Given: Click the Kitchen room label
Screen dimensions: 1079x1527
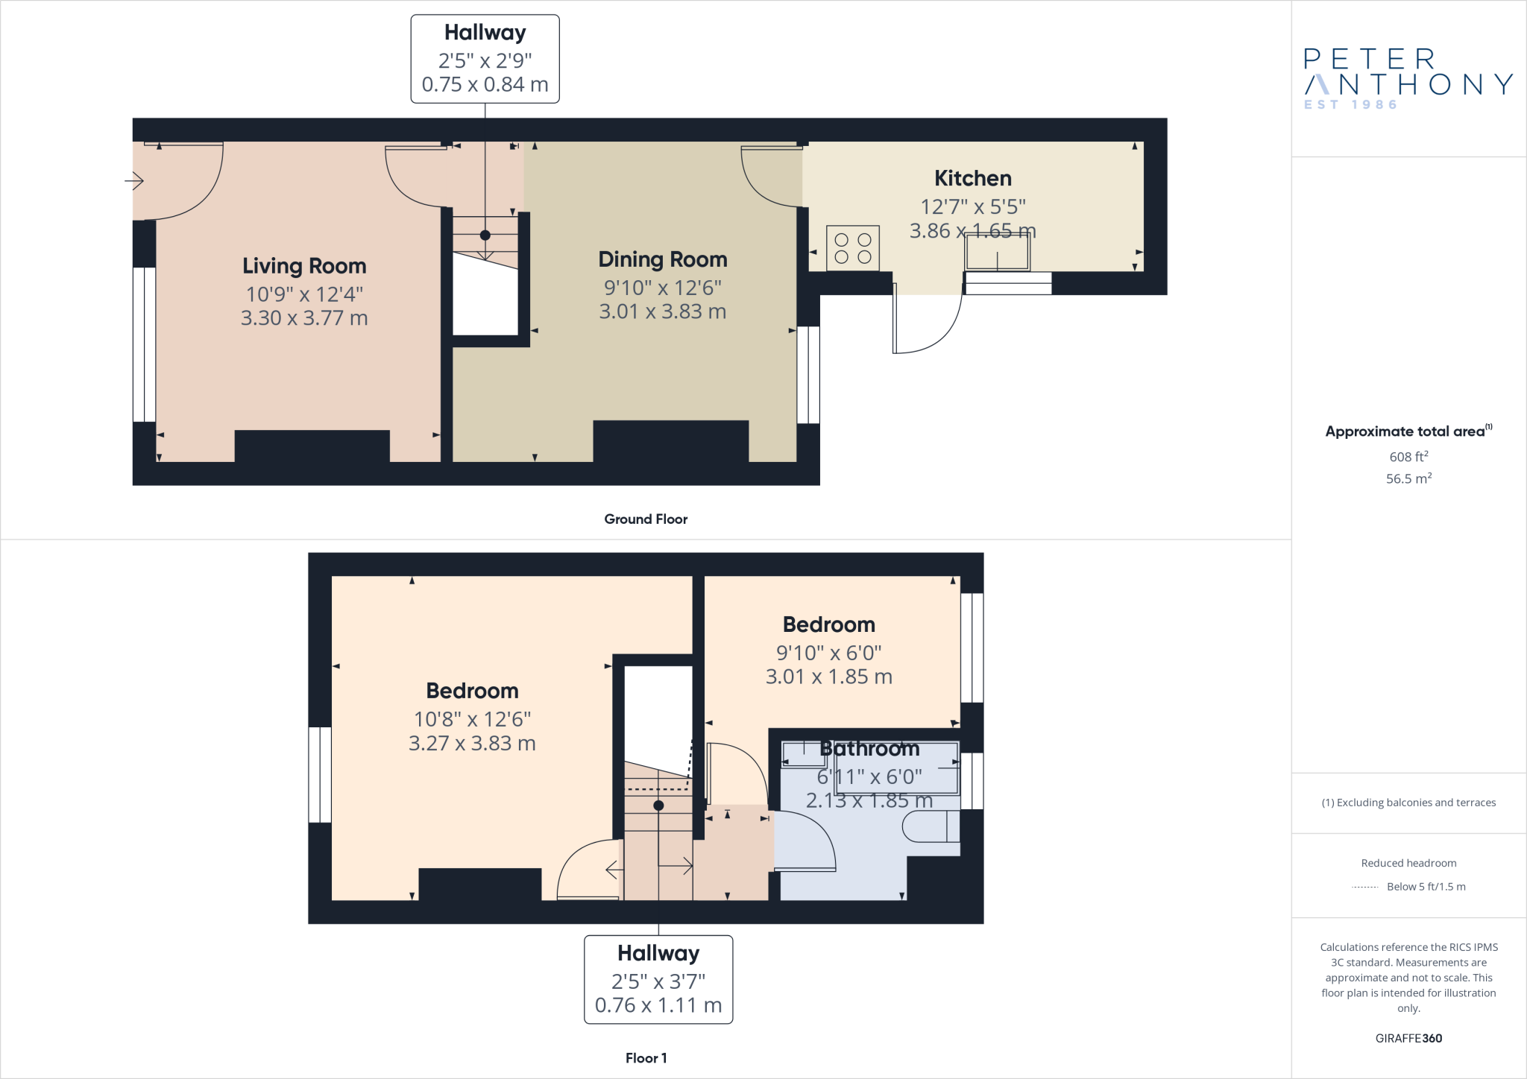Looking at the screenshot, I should [972, 179].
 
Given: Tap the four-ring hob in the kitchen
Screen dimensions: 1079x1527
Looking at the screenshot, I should [853, 248].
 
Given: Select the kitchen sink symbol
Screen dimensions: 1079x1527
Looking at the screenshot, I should [998, 252].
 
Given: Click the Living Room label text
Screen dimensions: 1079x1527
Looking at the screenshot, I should [304, 266].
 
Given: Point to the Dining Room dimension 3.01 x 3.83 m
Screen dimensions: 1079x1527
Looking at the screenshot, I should [662, 311].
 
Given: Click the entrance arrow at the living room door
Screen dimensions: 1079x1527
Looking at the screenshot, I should [134, 180].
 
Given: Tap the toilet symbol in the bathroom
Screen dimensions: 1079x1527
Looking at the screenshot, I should [931, 826].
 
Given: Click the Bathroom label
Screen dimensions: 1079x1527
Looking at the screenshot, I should [869, 748].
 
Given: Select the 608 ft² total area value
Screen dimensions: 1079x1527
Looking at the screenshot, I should [1408, 457].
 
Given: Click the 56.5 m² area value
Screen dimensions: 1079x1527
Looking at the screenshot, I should [1408, 478].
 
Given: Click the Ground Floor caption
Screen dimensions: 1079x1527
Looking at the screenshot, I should [646, 519].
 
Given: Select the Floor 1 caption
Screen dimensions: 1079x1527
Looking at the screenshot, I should [646, 1058].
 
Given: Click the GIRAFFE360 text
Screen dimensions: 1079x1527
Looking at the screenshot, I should [1408, 1038].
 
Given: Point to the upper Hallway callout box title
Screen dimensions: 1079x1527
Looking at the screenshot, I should [485, 33].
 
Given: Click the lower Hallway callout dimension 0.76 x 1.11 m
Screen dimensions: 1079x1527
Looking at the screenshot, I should [658, 1005].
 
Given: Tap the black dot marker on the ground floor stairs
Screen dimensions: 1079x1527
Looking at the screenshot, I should [485, 235].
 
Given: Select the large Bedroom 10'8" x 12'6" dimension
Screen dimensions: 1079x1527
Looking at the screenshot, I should [472, 719].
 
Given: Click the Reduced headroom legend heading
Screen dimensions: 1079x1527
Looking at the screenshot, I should [1408, 863].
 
